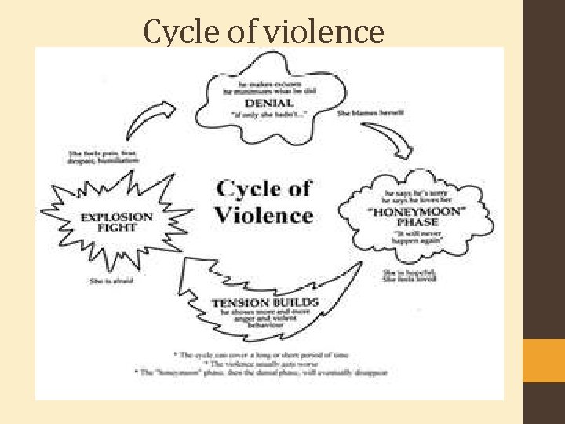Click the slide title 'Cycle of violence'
pos(264,32)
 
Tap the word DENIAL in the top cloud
pos(268,103)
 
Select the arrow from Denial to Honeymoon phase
pos(392,141)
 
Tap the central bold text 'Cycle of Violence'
pos(264,202)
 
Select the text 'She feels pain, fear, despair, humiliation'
pos(104,156)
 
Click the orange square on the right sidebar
pos(544,360)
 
